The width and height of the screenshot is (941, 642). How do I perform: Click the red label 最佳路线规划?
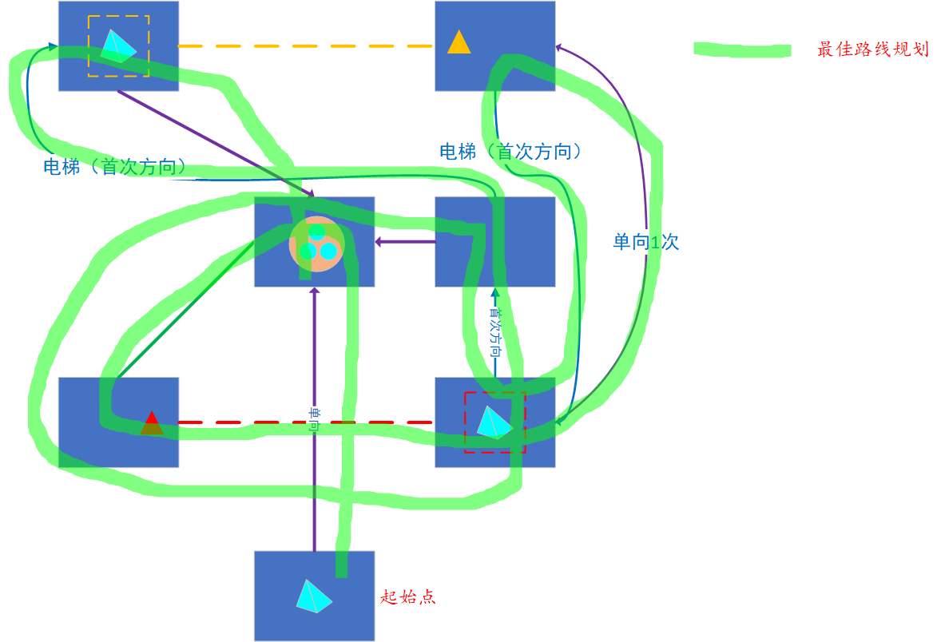pyautogui.click(x=872, y=50)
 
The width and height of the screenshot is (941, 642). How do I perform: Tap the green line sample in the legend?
pyautogui.click(x=742, y=50)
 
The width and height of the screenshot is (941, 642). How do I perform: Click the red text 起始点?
pyautogui.click(x=408, y=596)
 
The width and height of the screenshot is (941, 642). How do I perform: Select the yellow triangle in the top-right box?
pyautogui.click(x=459, y=43)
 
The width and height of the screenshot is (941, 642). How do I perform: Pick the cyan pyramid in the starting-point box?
pyautogui.click(x=313, y=596)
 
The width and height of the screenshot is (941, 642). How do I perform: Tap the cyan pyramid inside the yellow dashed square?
pyautogui.click(x=117, y=46)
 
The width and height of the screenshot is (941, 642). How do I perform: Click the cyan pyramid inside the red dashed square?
pyautogui.click(x=494, y=422)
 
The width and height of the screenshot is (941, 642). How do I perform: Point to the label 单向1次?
pyautogui.click(x=645, y=242)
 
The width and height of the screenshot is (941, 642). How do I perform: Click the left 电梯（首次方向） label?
pyautogui.click(x=115, y=167)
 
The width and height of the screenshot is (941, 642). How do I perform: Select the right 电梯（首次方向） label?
pyautogui.click(x=510, y=152)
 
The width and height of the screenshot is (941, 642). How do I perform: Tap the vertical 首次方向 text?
pyautogui.click(x=495, y=331)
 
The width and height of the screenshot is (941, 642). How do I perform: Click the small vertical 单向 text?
pyautogui.click(x=314, y=420)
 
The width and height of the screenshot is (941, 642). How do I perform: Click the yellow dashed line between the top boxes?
pyautogui.click(x=304, y=46)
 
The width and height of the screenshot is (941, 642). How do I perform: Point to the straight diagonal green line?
pyautogui.click(x=184, y=311)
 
